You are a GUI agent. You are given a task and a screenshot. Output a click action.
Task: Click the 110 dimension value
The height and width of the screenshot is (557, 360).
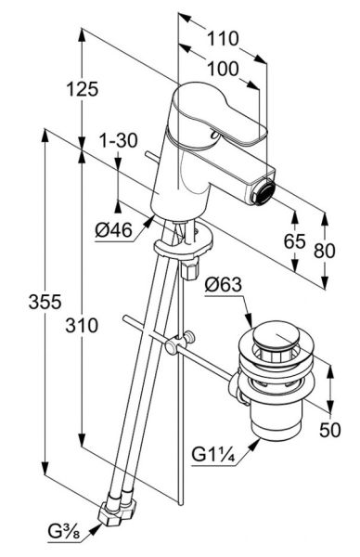[x=223, y=38]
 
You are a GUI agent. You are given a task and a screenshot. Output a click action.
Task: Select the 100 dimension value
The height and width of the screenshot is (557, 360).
[x=223, y=69]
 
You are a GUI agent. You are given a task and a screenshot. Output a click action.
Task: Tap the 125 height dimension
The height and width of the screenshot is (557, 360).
[x=82, y=89]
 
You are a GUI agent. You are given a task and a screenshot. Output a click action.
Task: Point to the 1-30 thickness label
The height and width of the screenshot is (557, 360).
[x=118, y=140]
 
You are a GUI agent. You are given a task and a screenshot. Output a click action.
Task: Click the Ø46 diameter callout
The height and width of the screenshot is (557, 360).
[x=113, y=230]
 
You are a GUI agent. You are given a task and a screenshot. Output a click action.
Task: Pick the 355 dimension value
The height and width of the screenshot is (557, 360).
[x=45, y=302]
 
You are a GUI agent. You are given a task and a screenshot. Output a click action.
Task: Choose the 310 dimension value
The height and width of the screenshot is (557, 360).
[x=82, y=325]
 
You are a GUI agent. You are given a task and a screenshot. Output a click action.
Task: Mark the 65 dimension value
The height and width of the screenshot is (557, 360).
[x=295, y=241]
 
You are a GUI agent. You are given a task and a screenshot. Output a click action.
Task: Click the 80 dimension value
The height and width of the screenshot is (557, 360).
[x=325, y=251]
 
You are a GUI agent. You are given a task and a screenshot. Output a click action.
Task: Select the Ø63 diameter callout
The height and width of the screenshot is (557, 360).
[x=224, y=285]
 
